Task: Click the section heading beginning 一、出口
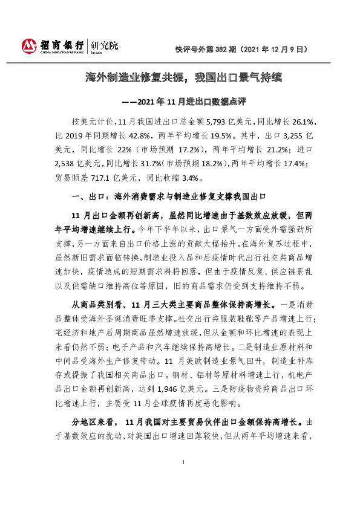pyautogui.click(x=169, y=197)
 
